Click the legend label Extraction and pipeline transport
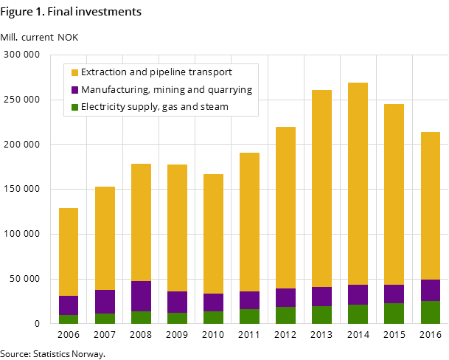[x=156, y=72]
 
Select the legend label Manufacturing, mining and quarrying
[x=166, y=90]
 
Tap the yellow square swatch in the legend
[x=74, y=73]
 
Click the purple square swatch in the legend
[x=74, y=90]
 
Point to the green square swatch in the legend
[x=74, y=108]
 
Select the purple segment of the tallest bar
[x=358, y=294]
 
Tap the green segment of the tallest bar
[x=358, y=314]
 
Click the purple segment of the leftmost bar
[x=69, y=305]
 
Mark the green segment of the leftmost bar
[x=69, y=319]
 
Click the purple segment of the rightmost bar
[x=430, y=290]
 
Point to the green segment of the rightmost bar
[x=430, y=312]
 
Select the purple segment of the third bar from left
[x=141, y=296]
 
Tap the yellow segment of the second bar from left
[x=105, y=238]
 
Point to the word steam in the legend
[x=214, y=107]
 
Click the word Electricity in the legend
[x=102, y=107]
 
